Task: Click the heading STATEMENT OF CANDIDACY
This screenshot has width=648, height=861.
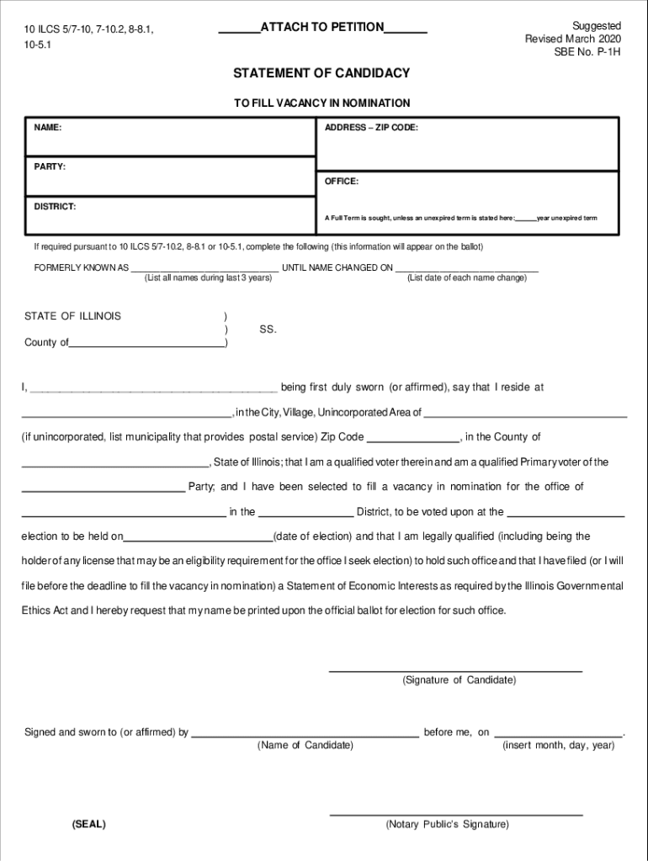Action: (x=321, y=73)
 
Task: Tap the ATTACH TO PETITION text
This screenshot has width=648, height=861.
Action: (x=322, y=27)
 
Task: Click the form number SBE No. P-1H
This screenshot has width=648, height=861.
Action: (x=587, y=52)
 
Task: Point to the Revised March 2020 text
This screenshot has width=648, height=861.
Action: (x=573, y=39)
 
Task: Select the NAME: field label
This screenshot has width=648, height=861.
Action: (x=47, y=128)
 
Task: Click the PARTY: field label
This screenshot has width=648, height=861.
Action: (x=50, y=166)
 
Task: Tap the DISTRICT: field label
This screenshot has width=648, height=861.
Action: (x=55, y=206)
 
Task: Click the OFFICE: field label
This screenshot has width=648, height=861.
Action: (x=342, y=182)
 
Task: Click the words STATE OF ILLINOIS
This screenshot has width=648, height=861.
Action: (x=72, y=316)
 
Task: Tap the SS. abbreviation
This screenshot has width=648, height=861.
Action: (x=268, y=330)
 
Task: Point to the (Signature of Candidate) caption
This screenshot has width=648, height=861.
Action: (x=459, y=679)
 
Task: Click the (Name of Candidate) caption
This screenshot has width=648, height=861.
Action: (x=305, y=745)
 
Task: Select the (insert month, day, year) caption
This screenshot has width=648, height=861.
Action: (x=559, y=745)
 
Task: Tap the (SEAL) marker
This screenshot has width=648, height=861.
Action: (x=89, y=824)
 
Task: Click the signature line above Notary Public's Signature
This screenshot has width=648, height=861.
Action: (x=455, y=815)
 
